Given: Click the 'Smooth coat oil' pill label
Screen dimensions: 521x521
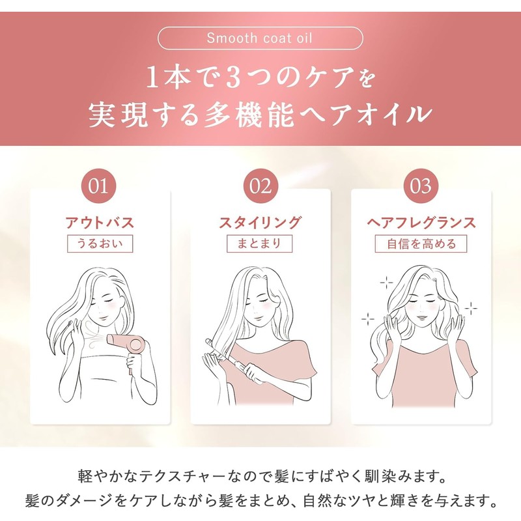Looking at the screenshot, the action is coord(260,38).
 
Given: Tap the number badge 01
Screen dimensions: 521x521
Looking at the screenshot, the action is coord(99,186).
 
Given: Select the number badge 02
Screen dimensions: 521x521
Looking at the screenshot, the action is coord(260,186).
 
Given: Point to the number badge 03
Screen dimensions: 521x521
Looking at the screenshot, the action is coord(421,186).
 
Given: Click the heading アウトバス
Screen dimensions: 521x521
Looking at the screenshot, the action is coord(100,222).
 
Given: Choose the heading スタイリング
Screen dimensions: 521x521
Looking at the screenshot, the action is coord(260,222).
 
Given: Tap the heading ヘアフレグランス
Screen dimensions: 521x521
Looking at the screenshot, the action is coord(421,222).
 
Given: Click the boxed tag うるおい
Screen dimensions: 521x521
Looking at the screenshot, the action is coord(100,244).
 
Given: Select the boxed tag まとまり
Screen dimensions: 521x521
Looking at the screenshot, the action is coord(259,244).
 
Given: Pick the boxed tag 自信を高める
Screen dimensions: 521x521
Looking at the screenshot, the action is coord(421,244).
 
